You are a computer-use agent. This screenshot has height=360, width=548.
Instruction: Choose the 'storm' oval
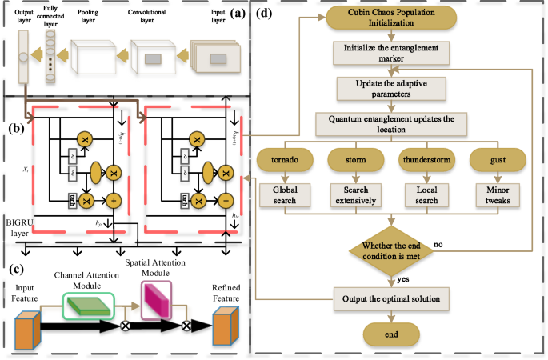[x=356, y=160]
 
